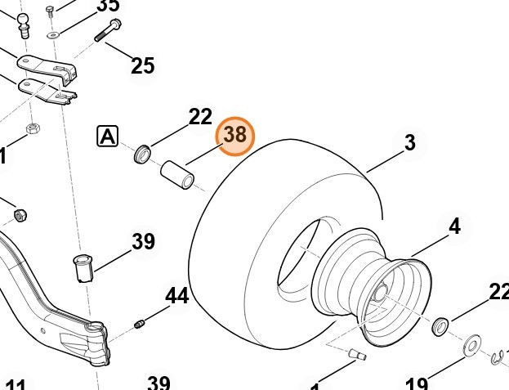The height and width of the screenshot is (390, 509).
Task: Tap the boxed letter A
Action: click(x=107, y=137)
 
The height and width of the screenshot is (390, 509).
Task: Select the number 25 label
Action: click(x=143, y=65)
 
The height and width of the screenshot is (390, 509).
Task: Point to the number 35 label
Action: click(x=108, y=6)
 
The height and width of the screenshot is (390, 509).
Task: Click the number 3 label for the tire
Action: click(x=409, y=143)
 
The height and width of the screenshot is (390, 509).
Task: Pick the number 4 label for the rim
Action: click(x=454, y=226)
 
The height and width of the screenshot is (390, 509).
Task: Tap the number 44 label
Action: click(x=177, y=295)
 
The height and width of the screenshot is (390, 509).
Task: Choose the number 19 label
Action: click(x=416, y=383)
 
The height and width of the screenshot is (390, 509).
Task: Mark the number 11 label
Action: click(x=16, y=384)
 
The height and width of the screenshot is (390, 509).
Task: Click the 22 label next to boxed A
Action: click(x=200, y=117)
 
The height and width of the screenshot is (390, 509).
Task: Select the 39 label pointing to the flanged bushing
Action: click(x=143, y=241)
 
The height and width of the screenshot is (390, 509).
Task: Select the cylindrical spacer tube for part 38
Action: click(x=177, y=174)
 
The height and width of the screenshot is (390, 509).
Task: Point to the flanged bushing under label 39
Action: click(x=83, y=268)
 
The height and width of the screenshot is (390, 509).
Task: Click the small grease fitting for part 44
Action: click(x=140, y=325)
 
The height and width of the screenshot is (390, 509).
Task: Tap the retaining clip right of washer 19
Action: click(x=499, y=356)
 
